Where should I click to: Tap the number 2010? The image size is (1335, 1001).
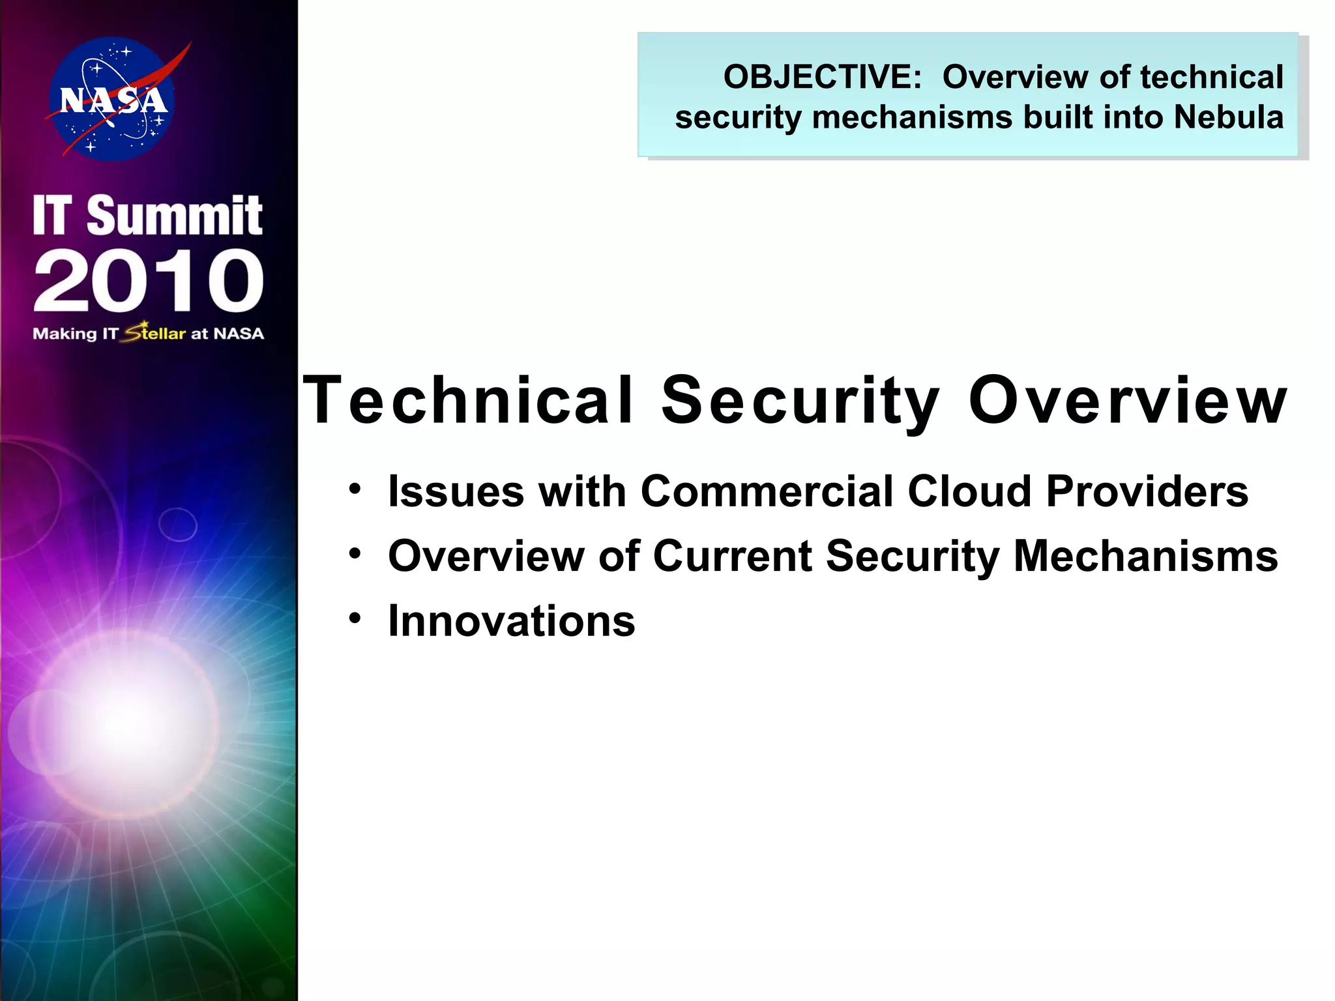point(149,281)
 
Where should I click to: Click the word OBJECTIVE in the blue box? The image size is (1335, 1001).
point(821,77)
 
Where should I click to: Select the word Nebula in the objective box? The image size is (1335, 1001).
point(1228,117)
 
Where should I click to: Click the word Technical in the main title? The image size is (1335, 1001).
point(468,400)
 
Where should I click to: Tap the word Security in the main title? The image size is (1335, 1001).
point(800,400)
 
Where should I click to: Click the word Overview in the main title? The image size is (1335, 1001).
point(1128,400)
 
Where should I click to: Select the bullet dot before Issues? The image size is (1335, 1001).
point(355,489)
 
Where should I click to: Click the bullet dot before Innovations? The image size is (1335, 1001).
point(355,618)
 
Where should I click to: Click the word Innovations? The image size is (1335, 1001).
point(511,620)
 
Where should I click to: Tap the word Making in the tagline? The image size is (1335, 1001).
point(65,334)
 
